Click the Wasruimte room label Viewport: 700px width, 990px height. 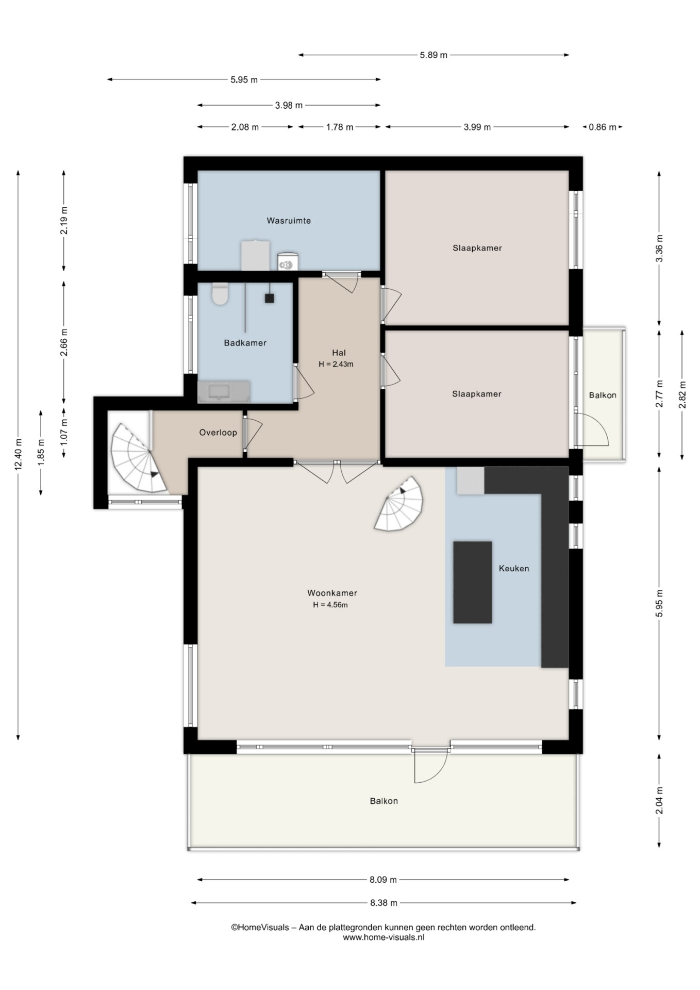[288, 221]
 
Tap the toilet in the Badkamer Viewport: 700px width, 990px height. [220, 293]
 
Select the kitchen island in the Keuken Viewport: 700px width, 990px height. [472, 582]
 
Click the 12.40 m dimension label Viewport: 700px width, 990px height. [19, 454]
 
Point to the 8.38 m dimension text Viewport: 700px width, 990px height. [384, 903]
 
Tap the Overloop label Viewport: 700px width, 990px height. [218, 433]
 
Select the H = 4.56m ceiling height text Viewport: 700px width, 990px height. [330, 605]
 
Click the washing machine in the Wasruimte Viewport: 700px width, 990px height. [288, 261]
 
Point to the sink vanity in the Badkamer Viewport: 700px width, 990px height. [224, 392]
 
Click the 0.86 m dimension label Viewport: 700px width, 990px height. [602, 127]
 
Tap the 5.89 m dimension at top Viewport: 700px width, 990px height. [434, 55]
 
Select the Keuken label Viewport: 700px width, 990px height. [514, 568]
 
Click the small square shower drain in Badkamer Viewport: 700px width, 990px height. [269, 298]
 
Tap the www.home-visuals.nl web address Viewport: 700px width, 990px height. [384, 937]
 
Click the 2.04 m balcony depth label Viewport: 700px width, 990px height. [659, 801]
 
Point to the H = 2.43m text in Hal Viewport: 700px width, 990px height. [336, 364]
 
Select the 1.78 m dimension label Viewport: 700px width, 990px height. [340, 127]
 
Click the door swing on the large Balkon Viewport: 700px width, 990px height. [431, 767]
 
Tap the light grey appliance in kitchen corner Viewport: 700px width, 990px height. [471, 481]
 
